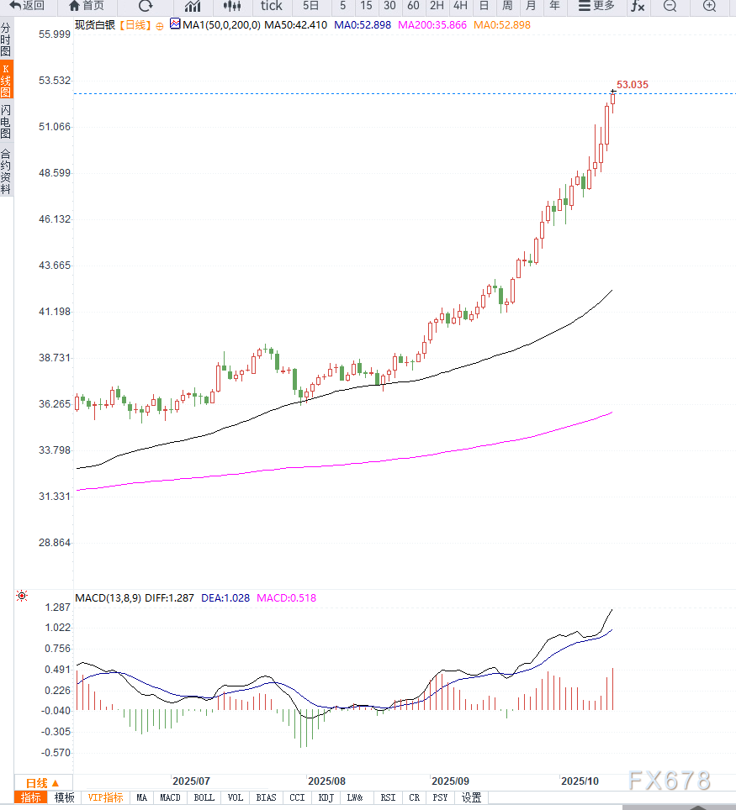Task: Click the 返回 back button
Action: click(x=27, y=6)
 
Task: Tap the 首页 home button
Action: click(x=87, y=6)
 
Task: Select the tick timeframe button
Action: click(x=271, y=6)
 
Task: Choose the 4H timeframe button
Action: click(x=460, y=6)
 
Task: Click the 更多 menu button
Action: click(x=596, y=6)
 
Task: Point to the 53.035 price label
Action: click(x=633, y=85)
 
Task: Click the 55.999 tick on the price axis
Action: click(x=56, y=34)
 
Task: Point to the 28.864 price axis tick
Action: click(x=56, y=543)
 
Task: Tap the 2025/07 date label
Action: click(x=191, y=781)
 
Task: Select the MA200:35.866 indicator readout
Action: click(x=432, y=24)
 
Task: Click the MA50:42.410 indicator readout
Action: click(x=295, y=24)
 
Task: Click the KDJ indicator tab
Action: click(x=326, y=797)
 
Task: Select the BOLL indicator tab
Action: click(x=204, y=797)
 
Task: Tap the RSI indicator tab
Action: click(x=388, y=797)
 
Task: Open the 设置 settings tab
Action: click(x=471, y=797)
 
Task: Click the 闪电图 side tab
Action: click(x=6, y=122)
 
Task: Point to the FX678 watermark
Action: click(x=670, y=781)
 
